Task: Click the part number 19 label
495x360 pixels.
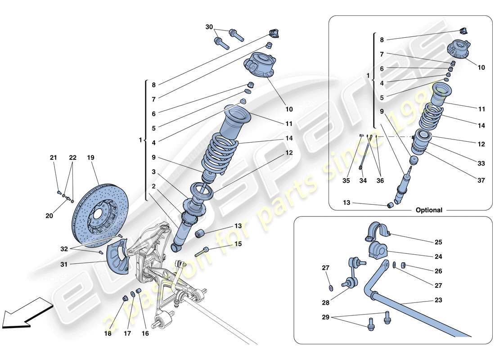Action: (91, 157)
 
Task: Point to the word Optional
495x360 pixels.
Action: (429, 210)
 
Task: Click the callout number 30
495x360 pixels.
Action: (209, 27)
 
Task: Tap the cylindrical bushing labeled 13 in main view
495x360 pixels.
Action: (200, 234)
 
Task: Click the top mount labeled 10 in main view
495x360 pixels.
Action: (258, 66)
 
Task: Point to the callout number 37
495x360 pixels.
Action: (481, 180)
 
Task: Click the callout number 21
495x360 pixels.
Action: (54, 157)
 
